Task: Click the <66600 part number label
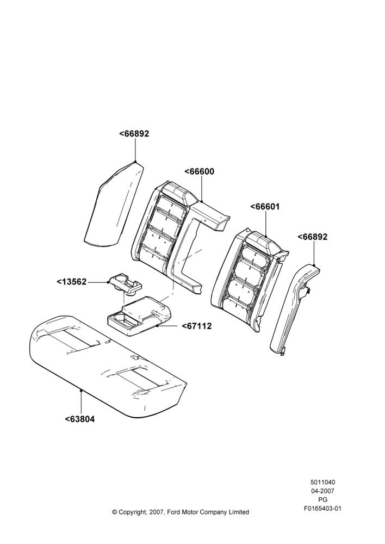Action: click(x=200, y=172)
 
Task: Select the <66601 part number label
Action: click(x=265, y=207)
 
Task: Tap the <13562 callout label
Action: click(x=71, y=282)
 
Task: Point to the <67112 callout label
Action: click(x=197, y=326)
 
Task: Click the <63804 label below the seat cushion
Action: click(x=80, y=419)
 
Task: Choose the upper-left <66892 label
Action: click(x=134, y=134)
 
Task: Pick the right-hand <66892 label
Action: click(x=313, y=237)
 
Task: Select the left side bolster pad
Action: click(x=114, y=205)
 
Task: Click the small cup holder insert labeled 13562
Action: click(x=126, y=285)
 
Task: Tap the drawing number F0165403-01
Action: click(x=322, y=509)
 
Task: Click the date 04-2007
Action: click(x=322, y=491)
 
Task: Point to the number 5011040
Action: click(x=322, y=482)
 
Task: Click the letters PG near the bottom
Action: click(x=322, y=500)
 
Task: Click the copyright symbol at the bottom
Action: click(x=114, y=512)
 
